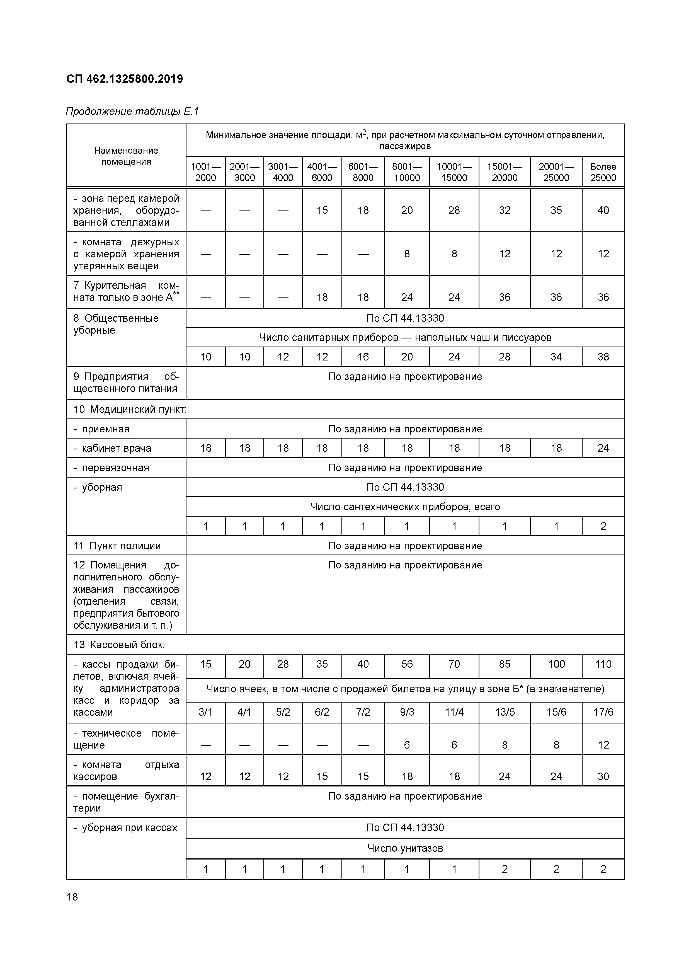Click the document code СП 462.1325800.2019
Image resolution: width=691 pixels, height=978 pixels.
point(124,79)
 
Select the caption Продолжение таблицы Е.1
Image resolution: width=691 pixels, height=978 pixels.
point(132,112)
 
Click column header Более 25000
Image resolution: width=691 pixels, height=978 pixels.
point(603,172)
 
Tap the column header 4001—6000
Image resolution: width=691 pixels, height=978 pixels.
point(322,172)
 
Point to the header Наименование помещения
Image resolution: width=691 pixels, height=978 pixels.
point(126,156)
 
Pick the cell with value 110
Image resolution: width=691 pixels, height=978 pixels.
point(603,664)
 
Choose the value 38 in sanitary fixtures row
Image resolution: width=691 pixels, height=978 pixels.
point(603,357)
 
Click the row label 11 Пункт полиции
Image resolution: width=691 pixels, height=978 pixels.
point(117,546)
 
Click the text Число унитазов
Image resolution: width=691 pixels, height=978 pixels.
point(405,848)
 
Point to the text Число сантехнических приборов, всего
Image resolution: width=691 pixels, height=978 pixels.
point(405,507)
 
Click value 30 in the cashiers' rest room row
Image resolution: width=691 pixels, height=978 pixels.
point(603,776)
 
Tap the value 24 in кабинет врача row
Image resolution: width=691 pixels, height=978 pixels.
point(603,448)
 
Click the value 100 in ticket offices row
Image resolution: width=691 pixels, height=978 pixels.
point(556,664)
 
